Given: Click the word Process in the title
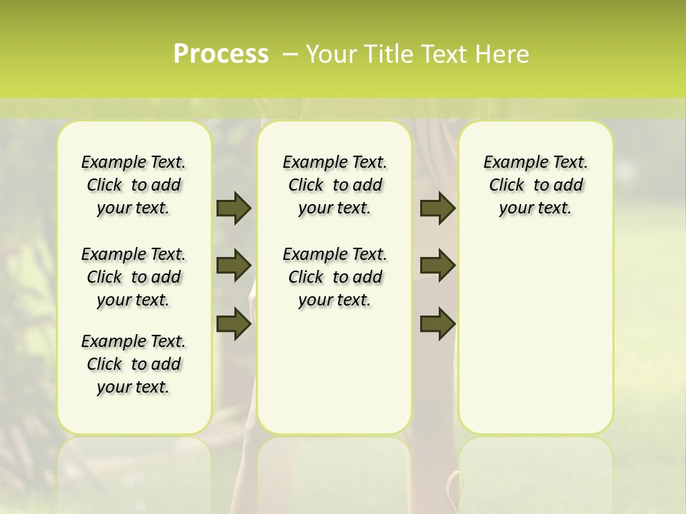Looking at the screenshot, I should click(221, 54).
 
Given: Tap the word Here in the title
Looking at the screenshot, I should click(502, 54).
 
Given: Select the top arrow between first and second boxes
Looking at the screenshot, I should click(234, 208).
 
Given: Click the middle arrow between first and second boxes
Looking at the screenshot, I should click(234, 266).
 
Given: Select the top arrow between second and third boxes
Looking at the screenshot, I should click(437, 208).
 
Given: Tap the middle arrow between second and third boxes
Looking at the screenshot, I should click(437, 266).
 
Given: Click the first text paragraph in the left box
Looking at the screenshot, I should click(134, 185).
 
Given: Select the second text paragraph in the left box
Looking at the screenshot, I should click(134, 277).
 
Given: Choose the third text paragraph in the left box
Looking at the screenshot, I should click(134, 364).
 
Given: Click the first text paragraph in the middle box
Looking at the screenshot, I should click(334, 185).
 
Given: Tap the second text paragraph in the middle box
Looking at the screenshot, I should click(334, 277).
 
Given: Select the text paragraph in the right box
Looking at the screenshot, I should click(535, 185).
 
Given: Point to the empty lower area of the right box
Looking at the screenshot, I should click(535, 336).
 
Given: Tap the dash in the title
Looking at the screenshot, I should click(290, 54).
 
